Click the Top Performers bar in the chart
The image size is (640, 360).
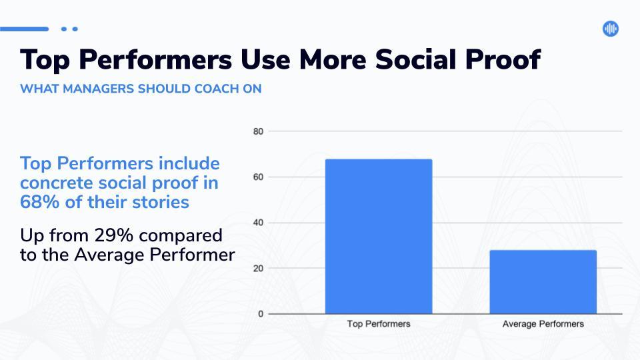379,236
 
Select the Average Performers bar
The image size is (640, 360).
543,282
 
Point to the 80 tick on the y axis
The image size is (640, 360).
258,131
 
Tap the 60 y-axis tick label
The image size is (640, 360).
258,177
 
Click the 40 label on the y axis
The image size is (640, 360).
258,223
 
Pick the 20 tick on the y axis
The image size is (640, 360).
258,269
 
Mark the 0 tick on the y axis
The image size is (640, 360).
261,314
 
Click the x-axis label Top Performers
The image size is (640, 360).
379,324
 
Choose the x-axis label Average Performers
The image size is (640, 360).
543,324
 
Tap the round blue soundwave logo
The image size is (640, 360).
611,29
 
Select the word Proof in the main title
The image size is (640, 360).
503,59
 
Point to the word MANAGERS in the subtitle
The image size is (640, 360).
99,89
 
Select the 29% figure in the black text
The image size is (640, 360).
114,235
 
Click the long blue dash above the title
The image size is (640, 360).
25,29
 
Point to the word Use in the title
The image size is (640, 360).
265,59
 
